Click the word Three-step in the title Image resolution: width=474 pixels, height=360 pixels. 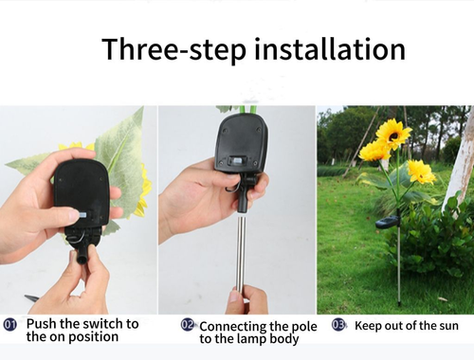pyautogui.click(x=170, y=49)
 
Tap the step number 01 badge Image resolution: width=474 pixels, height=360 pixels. pyautogui.click(x=10, y=325)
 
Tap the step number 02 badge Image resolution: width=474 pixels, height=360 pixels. pyautogui.click(x=188, y=325)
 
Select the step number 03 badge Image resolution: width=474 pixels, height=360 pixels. pyautogui.click(x=338, y=325)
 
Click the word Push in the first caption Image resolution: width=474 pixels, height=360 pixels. pyautogui.click(x=44, y=324)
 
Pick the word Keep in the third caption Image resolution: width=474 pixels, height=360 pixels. pyautogui.click(x=369, y=325)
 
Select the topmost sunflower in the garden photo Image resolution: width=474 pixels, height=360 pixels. pyautogui.click(x=393, y=133)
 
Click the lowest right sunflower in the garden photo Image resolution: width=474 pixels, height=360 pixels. pyautogui.click(x=421, y=171)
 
